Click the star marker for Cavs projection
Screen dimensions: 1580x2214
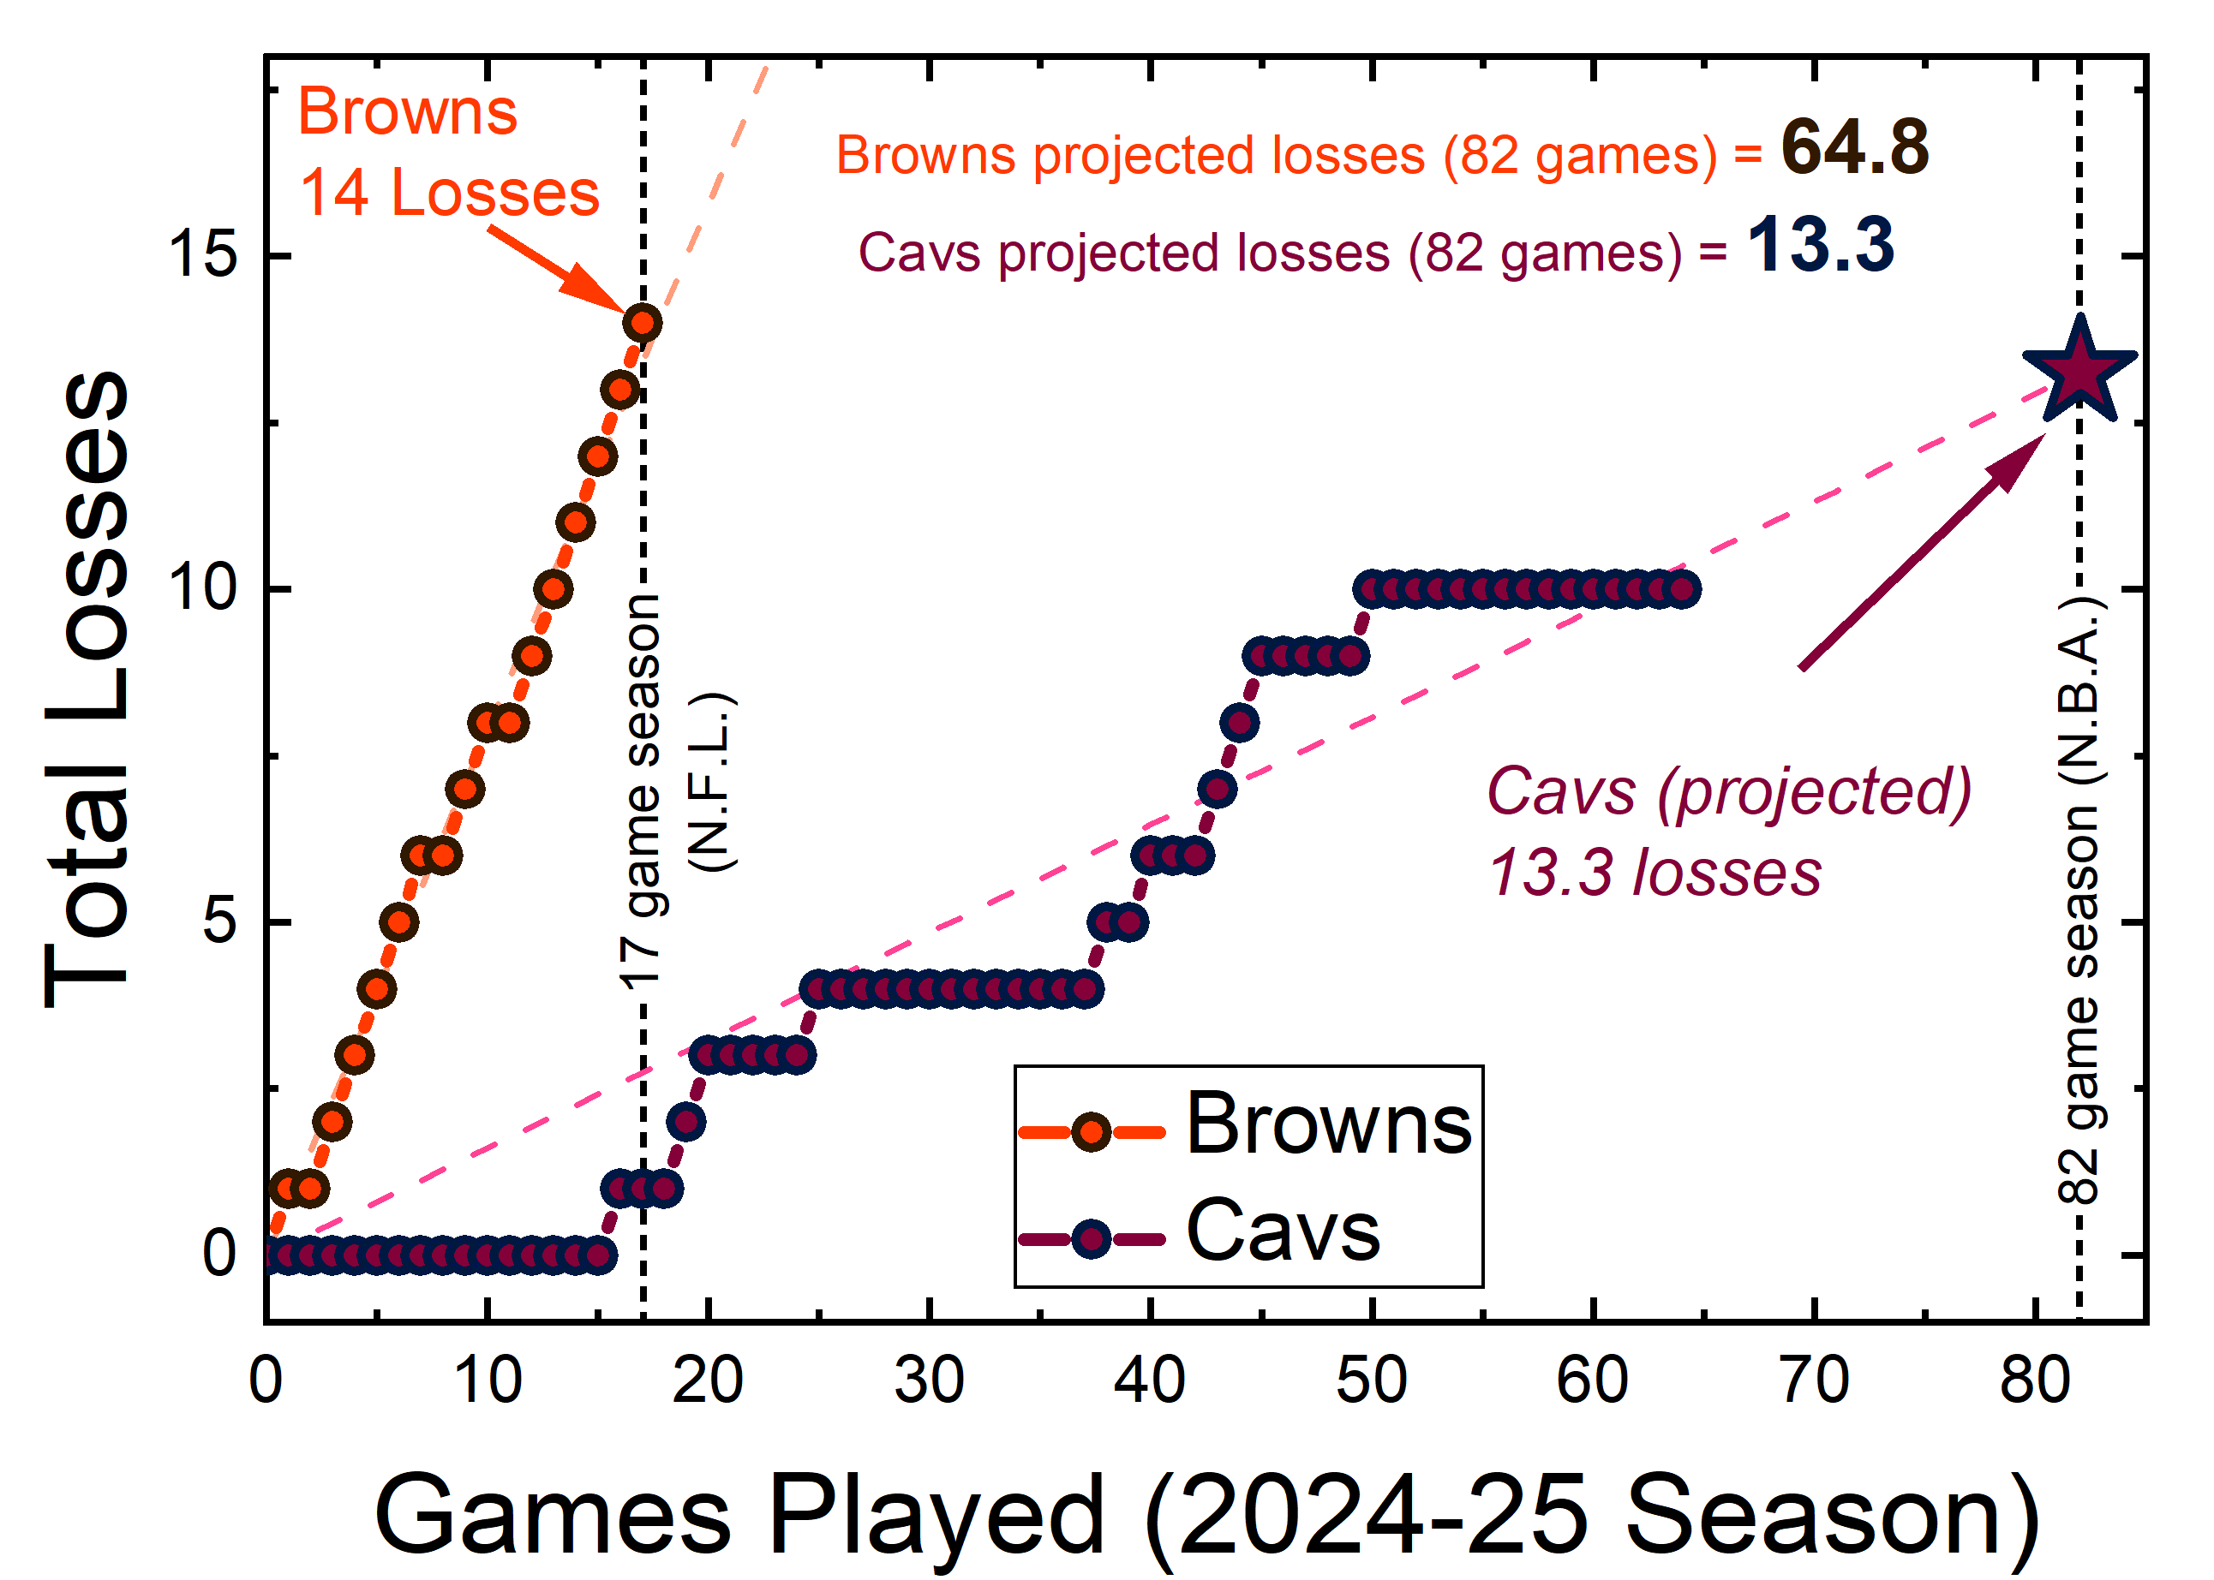2078,372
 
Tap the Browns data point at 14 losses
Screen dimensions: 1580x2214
643,322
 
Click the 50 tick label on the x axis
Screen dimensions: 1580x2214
1371,1380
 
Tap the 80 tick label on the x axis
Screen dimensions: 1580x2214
2035,1380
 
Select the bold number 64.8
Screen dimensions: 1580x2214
1854,148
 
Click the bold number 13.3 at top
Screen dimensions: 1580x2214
1820,245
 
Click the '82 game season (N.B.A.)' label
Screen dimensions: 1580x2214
2079,900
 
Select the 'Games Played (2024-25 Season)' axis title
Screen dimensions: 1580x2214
1206,1516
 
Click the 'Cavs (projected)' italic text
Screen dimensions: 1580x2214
1728,791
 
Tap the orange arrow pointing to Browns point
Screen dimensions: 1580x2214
559,266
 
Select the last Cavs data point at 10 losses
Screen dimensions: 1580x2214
1683,588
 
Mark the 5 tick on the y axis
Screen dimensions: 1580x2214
219,921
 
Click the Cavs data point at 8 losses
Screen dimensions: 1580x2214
1239,723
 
